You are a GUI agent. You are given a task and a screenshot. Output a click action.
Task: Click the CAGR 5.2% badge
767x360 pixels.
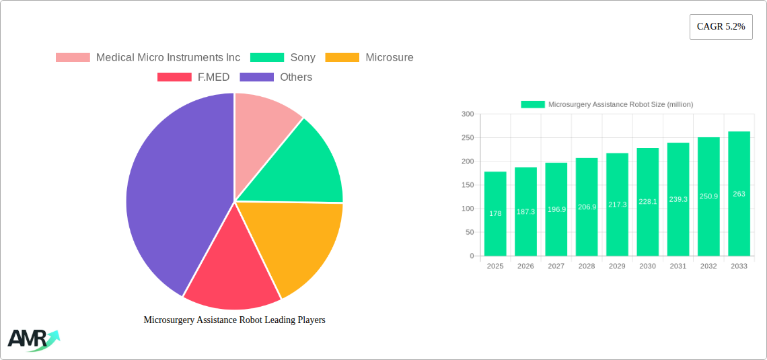tap(721, 27)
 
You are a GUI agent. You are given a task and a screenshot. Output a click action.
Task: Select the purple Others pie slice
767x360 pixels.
tap(172, 188)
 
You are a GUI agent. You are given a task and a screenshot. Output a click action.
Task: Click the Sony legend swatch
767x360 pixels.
tap(267, 58)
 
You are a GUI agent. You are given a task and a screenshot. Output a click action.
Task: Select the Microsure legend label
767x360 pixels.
tap(389, 58)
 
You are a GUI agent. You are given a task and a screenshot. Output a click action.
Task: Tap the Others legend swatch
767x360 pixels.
tap(257, 77)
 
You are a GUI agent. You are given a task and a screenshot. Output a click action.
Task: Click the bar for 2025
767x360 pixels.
tap(495, 213)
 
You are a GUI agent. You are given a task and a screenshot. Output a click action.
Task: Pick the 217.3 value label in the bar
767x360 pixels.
tap(617, 204)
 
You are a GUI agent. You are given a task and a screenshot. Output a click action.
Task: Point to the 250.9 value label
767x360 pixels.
tap(708, 196)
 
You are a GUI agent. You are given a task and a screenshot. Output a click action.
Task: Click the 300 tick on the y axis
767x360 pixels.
tap(467, 114)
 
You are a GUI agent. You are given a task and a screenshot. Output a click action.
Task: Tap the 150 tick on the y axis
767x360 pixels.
tap(467, 185)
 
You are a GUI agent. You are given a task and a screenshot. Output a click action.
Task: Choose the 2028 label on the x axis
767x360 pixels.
tap(587, 266)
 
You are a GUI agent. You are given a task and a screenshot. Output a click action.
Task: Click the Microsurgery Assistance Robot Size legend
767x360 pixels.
tap(607, 104)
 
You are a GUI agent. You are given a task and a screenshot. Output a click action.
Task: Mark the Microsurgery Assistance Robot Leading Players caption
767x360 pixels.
tap(234, 320)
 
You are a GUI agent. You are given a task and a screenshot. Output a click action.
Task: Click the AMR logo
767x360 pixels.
tap(32, 340)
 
